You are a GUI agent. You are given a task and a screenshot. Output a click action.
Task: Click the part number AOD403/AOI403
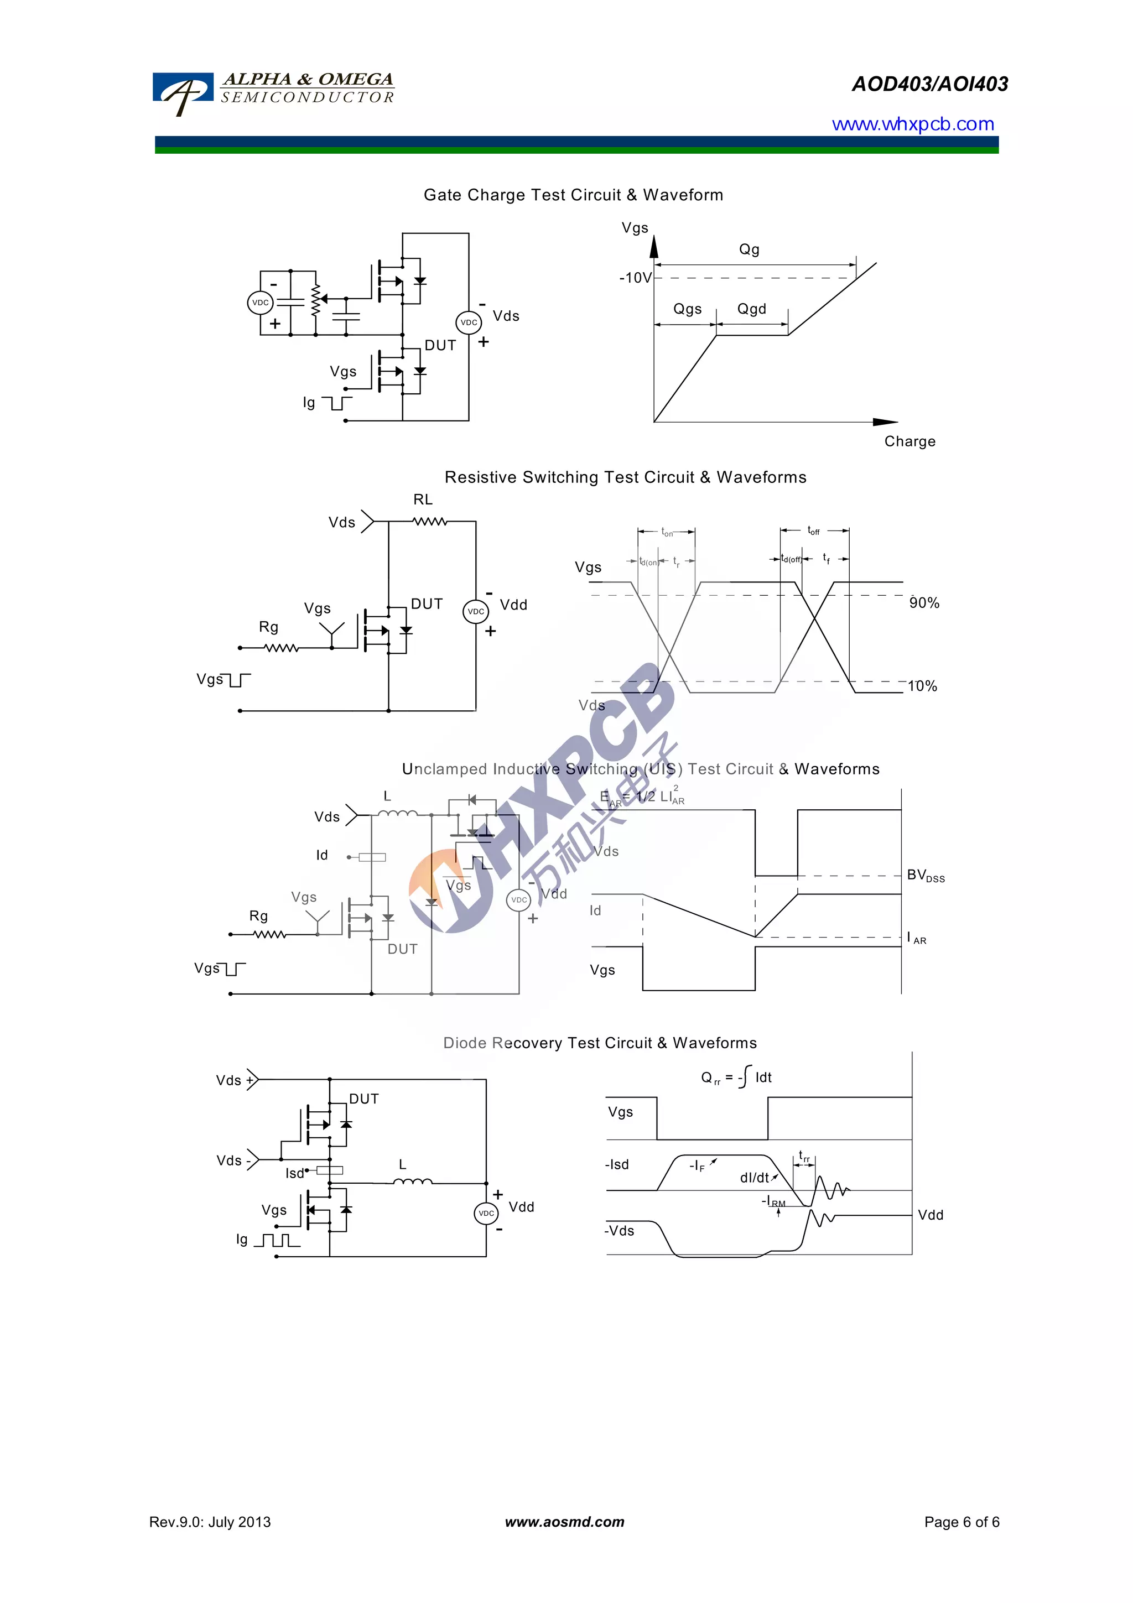pos(929,85)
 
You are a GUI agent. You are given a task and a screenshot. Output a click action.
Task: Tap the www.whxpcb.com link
pos(912,124)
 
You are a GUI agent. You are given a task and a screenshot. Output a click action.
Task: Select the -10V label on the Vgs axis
pos(635,278)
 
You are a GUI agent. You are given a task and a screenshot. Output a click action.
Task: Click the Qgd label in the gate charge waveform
pos(751,309)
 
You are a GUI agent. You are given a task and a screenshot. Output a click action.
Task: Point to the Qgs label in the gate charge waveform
pos(687,309)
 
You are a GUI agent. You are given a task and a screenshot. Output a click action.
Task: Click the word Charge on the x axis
pos(909,441)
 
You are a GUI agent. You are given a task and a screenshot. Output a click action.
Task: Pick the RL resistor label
pos(422,499)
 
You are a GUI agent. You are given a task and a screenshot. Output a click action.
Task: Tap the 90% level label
pos(923,602)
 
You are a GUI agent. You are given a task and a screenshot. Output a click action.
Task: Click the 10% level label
pos(922,686)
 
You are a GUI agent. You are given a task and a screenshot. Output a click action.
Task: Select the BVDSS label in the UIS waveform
pos(925,876)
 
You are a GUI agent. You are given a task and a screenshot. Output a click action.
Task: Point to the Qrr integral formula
pos(736,1078)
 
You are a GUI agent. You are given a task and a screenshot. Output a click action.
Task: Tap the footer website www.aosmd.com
pos(564,1522)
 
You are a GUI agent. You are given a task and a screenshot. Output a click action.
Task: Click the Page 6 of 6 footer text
pos(962,1522)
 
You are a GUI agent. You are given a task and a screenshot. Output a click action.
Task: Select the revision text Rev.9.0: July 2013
pos(210,1522)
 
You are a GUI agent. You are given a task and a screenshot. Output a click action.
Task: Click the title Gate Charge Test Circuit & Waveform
pos(573,195)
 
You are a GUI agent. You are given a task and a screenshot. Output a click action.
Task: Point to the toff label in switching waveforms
pos(813,530)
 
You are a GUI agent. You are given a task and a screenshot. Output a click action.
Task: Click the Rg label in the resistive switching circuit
pos(268,627)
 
